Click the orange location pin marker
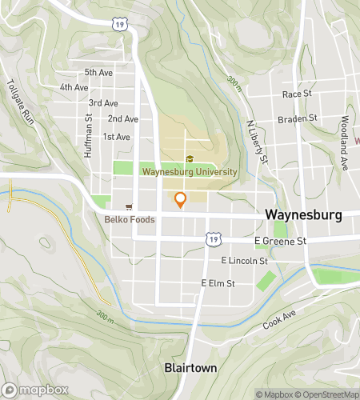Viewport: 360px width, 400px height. (x=180, y=200)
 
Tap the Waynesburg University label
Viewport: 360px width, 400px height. (x=190, y=171)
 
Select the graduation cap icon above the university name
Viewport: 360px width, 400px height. (x=190, y=158)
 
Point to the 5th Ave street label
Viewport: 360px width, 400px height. (x=98, y=72)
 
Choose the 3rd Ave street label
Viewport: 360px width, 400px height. (x=103, y=103)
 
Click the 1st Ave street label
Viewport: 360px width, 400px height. (x=116, y=137)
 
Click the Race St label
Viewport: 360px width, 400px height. (x=296, y=94)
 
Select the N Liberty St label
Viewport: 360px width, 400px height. (x=256, y=143)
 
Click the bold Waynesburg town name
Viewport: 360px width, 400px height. (x=302, y=214)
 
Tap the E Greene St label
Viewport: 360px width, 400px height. (x=280, y=240)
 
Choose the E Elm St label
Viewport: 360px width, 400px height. (x=218, y=283)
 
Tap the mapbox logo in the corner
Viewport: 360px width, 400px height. (x=34, y=390)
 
